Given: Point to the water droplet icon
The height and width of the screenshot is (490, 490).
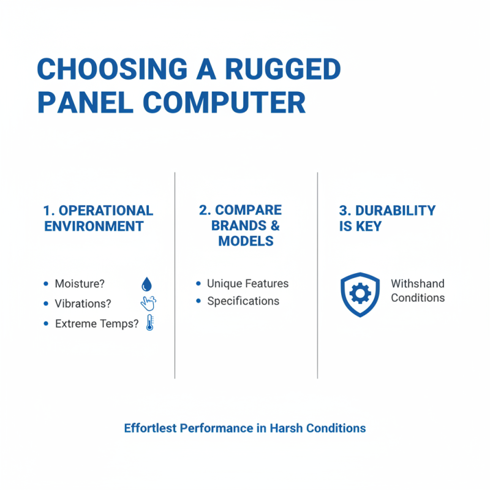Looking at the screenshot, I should click(147, 284).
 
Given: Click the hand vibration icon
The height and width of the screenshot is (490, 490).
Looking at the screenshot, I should click(148, 303).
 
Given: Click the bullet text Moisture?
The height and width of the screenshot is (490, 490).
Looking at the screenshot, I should click(80, 284).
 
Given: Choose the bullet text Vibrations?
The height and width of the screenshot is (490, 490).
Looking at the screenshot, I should click(83, 304).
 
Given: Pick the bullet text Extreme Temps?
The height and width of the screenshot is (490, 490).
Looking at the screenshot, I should click(97, 324).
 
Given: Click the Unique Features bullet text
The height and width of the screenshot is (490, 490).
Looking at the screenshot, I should click(247, 284).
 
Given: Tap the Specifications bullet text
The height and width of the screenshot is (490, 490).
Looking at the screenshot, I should click(243, 301).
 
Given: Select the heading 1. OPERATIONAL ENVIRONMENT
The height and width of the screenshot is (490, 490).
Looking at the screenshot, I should click(98, 218).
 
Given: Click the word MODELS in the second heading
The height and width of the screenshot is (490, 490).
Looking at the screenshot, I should click(246, 241).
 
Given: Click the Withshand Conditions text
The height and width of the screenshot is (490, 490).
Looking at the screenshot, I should click(418, 291).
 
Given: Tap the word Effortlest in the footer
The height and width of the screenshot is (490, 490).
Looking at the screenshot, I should click(151, 428).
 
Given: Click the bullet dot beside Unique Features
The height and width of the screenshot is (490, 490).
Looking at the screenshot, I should click(198, 284).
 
